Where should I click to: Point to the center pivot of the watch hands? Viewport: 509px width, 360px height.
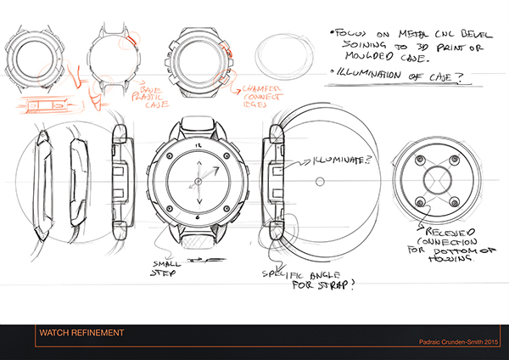tap(199, 180)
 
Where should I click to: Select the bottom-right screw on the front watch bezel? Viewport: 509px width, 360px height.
tap(227, 206)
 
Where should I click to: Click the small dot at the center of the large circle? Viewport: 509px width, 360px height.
tap(315, 181)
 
